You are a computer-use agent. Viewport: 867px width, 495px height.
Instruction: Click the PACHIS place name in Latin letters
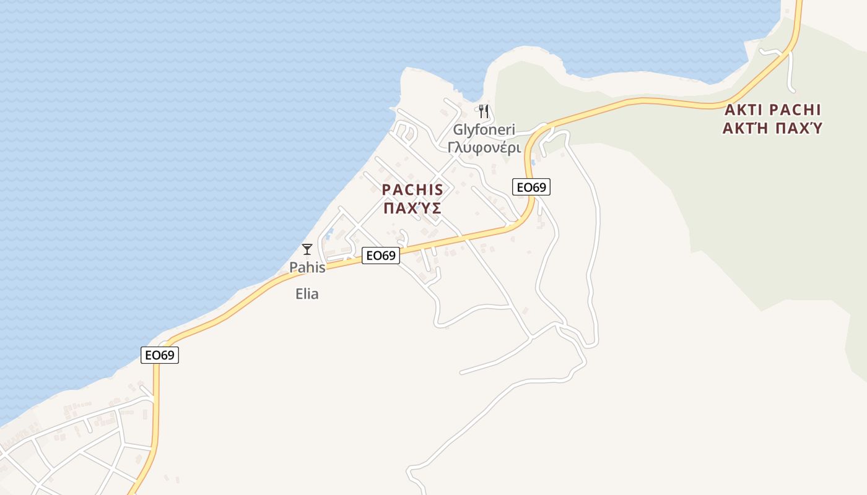(412, 190)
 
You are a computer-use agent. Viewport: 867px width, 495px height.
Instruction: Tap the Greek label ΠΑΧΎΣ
(412, 209)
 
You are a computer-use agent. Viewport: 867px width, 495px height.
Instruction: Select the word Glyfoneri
(484, 131)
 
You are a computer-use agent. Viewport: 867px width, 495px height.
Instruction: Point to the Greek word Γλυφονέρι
(484, 148)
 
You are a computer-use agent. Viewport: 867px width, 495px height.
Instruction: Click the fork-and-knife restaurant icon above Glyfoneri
(484, 111)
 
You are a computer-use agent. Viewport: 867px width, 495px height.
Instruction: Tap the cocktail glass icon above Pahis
(307, 249)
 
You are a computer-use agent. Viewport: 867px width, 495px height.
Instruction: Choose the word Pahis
(307, 268)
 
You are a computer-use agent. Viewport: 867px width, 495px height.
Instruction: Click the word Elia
(307, 294)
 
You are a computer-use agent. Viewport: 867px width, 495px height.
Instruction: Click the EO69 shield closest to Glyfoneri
(531, 187)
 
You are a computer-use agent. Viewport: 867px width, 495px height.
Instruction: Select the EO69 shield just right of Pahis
(380, 255)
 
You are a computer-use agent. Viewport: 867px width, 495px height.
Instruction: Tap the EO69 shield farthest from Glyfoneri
(160, 355)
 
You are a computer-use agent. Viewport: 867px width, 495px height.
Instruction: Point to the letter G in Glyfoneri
(458, 131)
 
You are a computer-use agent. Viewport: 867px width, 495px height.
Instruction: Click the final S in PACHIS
(438, 190)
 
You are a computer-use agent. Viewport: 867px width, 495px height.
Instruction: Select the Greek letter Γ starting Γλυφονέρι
(451, 148)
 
